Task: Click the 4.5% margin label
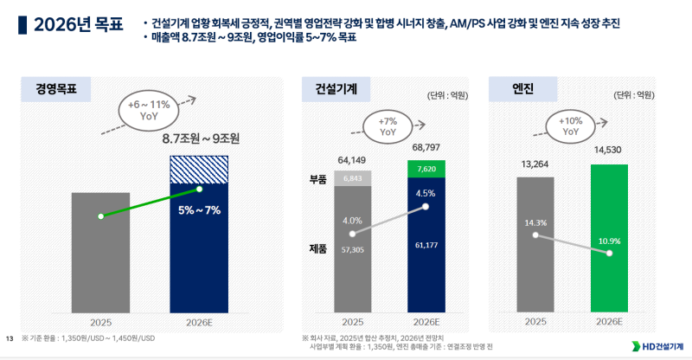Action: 425,193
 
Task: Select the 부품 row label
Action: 317,179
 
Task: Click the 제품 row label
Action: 317,248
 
